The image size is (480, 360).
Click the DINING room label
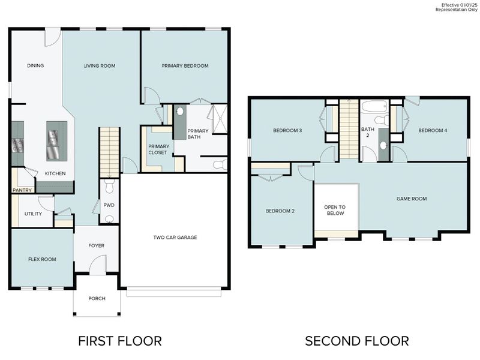point(35,66)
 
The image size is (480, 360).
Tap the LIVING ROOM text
point(100,66)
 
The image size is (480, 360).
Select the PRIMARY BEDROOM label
point(185,66)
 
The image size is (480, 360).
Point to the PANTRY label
point(22,190)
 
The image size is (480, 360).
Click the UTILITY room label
point(33,214)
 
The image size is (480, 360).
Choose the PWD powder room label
point(109,205)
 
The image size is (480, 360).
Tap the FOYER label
point(96,245)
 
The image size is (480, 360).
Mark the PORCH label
point(97,298)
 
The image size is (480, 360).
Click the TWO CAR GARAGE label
point(175,238)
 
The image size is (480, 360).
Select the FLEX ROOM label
point(42,259)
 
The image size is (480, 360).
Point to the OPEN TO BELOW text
point(335,210)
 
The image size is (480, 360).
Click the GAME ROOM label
point(412,199)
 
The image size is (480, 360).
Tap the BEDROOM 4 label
point(433,130)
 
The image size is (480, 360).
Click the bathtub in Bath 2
point(375,107)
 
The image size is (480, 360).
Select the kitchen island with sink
point(57,141)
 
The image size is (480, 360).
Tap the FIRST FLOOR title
point(119,341)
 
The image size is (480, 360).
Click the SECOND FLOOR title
point(356,341)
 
